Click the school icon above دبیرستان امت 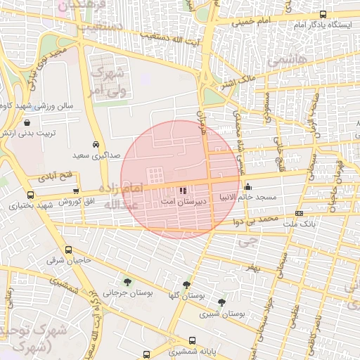[184, 190]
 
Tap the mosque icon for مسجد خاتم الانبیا [247, 187]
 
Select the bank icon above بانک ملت [299, 213]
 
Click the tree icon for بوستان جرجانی [127, 282]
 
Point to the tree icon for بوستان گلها [186, 285]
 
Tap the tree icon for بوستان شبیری [222, 303]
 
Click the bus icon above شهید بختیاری [30, 195]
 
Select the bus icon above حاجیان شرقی [68, 250]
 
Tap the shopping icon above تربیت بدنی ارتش [27, 123]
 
